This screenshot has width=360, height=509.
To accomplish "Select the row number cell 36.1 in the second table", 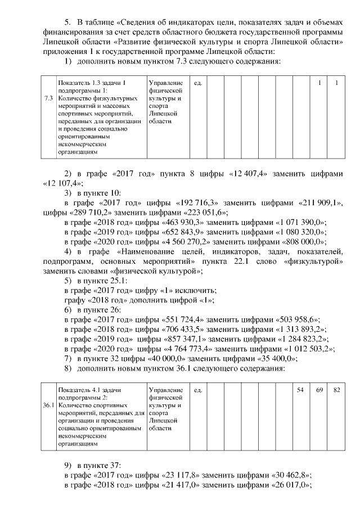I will point(49,405).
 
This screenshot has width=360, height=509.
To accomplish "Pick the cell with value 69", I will point(319,390).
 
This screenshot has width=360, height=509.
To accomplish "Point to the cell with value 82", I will point(336,390).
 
